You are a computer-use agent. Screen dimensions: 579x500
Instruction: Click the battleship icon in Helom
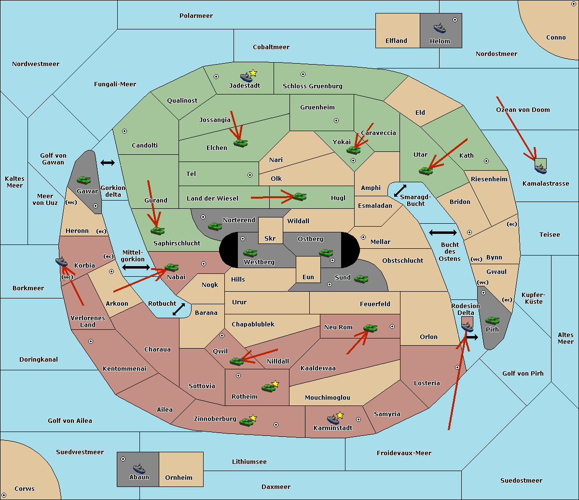coord(440,28)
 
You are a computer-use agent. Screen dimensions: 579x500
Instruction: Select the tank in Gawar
coord(84,180)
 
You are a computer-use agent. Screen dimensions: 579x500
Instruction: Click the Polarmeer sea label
coord(196,16)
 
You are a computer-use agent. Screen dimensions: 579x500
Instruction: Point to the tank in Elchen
coord(241,143)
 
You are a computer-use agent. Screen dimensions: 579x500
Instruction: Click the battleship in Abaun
coord(139,468)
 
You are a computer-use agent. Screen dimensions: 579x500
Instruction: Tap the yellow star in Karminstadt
coord(340,415)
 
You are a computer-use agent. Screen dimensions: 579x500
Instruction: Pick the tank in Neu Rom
coord(370,328)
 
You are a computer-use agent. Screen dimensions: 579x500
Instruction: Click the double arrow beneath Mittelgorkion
coord(136,267)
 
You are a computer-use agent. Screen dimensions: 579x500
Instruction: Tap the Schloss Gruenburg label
coord(313,86)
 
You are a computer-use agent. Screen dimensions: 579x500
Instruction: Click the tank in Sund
coord(361,279)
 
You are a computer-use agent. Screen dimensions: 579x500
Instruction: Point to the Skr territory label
coord(270,238)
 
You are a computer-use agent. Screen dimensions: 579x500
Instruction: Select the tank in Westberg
coord(250,253)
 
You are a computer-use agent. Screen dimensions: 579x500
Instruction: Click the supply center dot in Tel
coord(250,175)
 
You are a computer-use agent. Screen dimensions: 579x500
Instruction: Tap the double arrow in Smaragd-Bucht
coord(400,190)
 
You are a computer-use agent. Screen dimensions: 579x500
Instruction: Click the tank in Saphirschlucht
coord(157,230)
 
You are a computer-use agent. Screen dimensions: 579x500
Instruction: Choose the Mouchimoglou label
coord(328,397)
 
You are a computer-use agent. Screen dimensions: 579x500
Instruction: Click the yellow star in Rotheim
coord(276,383)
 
